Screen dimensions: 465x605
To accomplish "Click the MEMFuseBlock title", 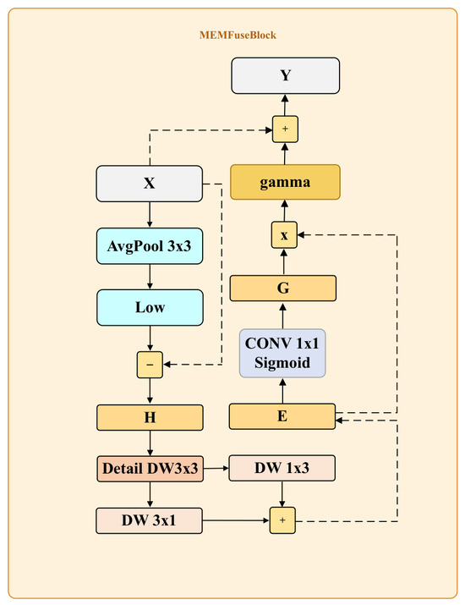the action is point(238,35).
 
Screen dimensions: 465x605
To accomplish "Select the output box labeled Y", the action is point(285,75).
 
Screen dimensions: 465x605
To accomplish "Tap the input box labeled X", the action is point(149,184).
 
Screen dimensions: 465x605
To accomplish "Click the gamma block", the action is point(285,182).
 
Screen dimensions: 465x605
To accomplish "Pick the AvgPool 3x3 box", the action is point(150,246).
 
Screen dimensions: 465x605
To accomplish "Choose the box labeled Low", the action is point(150,307).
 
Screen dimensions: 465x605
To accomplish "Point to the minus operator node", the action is point(150,365).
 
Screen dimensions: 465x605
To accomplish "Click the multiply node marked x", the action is point(284,234).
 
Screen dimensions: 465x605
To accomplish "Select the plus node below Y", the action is point(285,129).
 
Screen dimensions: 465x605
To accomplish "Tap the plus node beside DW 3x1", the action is point(282,520).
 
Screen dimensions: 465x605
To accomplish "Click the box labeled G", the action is point(283,289).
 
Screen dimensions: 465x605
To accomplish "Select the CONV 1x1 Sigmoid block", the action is point(282,353).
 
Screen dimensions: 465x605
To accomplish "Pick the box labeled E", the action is point(282,416).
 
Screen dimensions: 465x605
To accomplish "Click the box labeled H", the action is point(150,417).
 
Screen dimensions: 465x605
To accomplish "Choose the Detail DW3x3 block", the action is point(150,469).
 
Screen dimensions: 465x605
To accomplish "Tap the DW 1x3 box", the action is point(282,468).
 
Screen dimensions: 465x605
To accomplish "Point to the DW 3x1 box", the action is point(149,521).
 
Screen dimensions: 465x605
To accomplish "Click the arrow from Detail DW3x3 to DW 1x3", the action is point(216,469).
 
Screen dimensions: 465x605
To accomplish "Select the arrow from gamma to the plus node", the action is point(285,153).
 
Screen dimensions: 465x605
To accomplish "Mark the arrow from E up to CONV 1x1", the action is point(282,390).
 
